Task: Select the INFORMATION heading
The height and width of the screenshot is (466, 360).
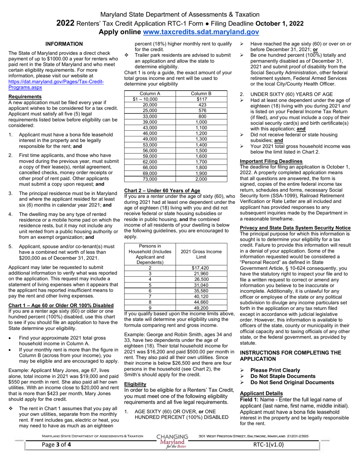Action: pyautogui.click(x=64, y=44)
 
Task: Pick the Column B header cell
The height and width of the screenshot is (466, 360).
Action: pyautogui.click(x=202, y=94)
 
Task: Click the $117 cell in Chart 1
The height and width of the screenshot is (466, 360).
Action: pyautogui.click(x=202, y=99)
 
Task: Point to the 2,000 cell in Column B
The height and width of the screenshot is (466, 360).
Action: pyautogui.click(x=202, y=179)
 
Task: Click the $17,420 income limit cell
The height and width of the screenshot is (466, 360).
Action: pyautogui.click(x=201, y=268)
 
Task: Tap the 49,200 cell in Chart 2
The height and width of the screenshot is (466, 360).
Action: pyautogui.click(x=201, y=308)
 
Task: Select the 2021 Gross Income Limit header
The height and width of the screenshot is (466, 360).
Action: pyautogui.click(x=201, y=254)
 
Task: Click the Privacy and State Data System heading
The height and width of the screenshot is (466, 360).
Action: pyautogui.click(x=295, y=228)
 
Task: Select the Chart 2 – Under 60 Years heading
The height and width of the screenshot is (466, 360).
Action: pyautogui.click(x=162, y=190)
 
